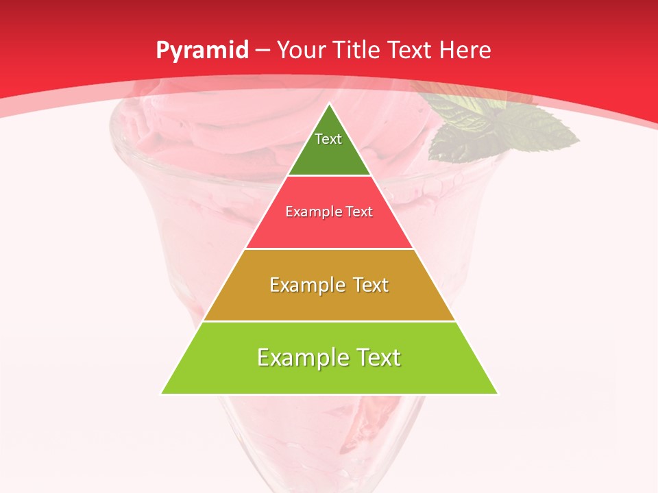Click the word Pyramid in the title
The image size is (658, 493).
coord(202,51)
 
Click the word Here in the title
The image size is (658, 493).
coord(466,51)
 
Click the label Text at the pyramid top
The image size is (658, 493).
coord(328,139)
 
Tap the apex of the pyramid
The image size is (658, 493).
coord(330,105)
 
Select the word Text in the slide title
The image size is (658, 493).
coord(411,51)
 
